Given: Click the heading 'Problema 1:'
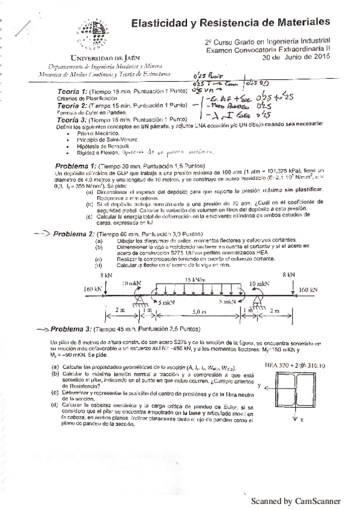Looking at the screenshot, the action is coord(76,165).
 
